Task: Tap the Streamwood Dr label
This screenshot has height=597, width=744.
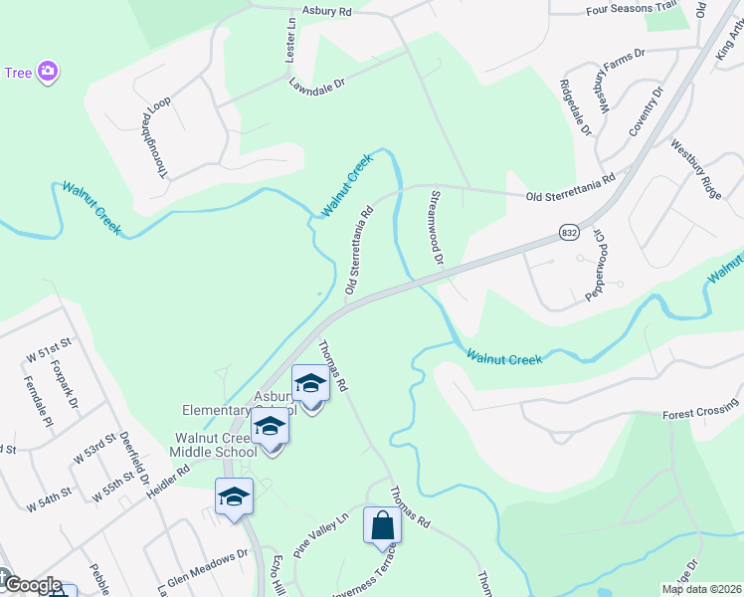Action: [434, 227]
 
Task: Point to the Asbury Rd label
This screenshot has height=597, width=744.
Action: [331, 12]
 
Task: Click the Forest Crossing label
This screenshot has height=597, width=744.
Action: [700, 413]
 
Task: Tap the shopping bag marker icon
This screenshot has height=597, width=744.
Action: [382, 524]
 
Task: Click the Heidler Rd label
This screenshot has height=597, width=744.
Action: [166, 485]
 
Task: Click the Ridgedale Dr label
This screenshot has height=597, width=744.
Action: [575, 107]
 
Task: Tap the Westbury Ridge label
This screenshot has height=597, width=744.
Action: [695, 169]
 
